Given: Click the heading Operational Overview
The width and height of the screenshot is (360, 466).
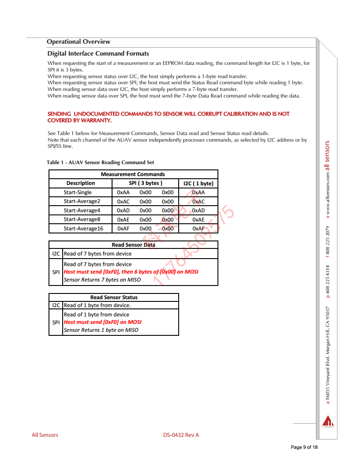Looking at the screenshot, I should point(79,42).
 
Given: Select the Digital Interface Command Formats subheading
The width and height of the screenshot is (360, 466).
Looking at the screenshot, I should point(98,53).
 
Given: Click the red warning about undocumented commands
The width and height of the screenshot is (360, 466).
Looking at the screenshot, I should point(168,117).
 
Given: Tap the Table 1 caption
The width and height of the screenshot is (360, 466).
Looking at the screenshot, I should point(100,162).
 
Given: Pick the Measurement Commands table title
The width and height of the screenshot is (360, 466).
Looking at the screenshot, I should point(133,174).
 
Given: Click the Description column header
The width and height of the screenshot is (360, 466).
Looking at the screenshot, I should point(80,183).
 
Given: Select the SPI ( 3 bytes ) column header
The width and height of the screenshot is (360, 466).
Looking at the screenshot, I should point(145,183).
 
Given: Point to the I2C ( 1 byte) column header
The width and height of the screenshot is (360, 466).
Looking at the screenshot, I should point(198,183).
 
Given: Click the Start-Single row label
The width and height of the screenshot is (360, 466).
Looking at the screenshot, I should point(78,192).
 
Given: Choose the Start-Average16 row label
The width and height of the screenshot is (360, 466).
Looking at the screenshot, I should point(83,229).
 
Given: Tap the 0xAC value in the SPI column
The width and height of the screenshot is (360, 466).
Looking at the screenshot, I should point(123,202).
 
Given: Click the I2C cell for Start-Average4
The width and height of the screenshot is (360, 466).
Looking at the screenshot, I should point(198,210).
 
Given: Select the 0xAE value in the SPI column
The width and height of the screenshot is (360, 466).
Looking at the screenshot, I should point(123,220).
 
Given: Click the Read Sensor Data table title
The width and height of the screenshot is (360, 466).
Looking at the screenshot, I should point(133,245).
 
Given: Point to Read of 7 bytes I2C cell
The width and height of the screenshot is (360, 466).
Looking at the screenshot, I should point(97,254).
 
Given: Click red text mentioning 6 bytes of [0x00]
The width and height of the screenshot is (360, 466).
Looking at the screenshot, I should point(131,272).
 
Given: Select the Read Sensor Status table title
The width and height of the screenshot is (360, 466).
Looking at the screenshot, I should point(114,297).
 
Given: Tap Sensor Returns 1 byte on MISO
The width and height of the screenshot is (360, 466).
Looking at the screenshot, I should point(101,330).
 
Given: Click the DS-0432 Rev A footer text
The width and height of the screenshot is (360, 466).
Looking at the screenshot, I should point(181,435).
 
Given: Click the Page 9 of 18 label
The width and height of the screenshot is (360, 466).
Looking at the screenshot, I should point(304,447).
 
